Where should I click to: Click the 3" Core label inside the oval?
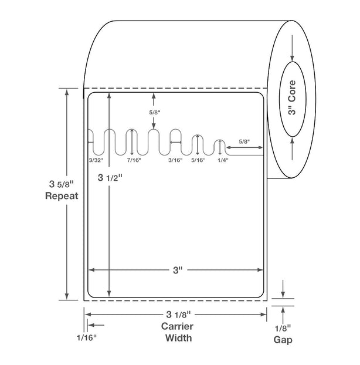[x=292, y=97]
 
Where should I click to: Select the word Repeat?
[x=62, y=196]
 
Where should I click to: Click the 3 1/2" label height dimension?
[x=110, y=178]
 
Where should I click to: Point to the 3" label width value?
[x=178, y=271]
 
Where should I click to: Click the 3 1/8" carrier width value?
[x=178, y=315]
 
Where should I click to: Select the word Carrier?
[x=177, y=326]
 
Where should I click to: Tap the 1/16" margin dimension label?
[x=87, y=337]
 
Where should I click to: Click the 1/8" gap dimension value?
[x=283, y=329]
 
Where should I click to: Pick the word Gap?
[x=283, y=340]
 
